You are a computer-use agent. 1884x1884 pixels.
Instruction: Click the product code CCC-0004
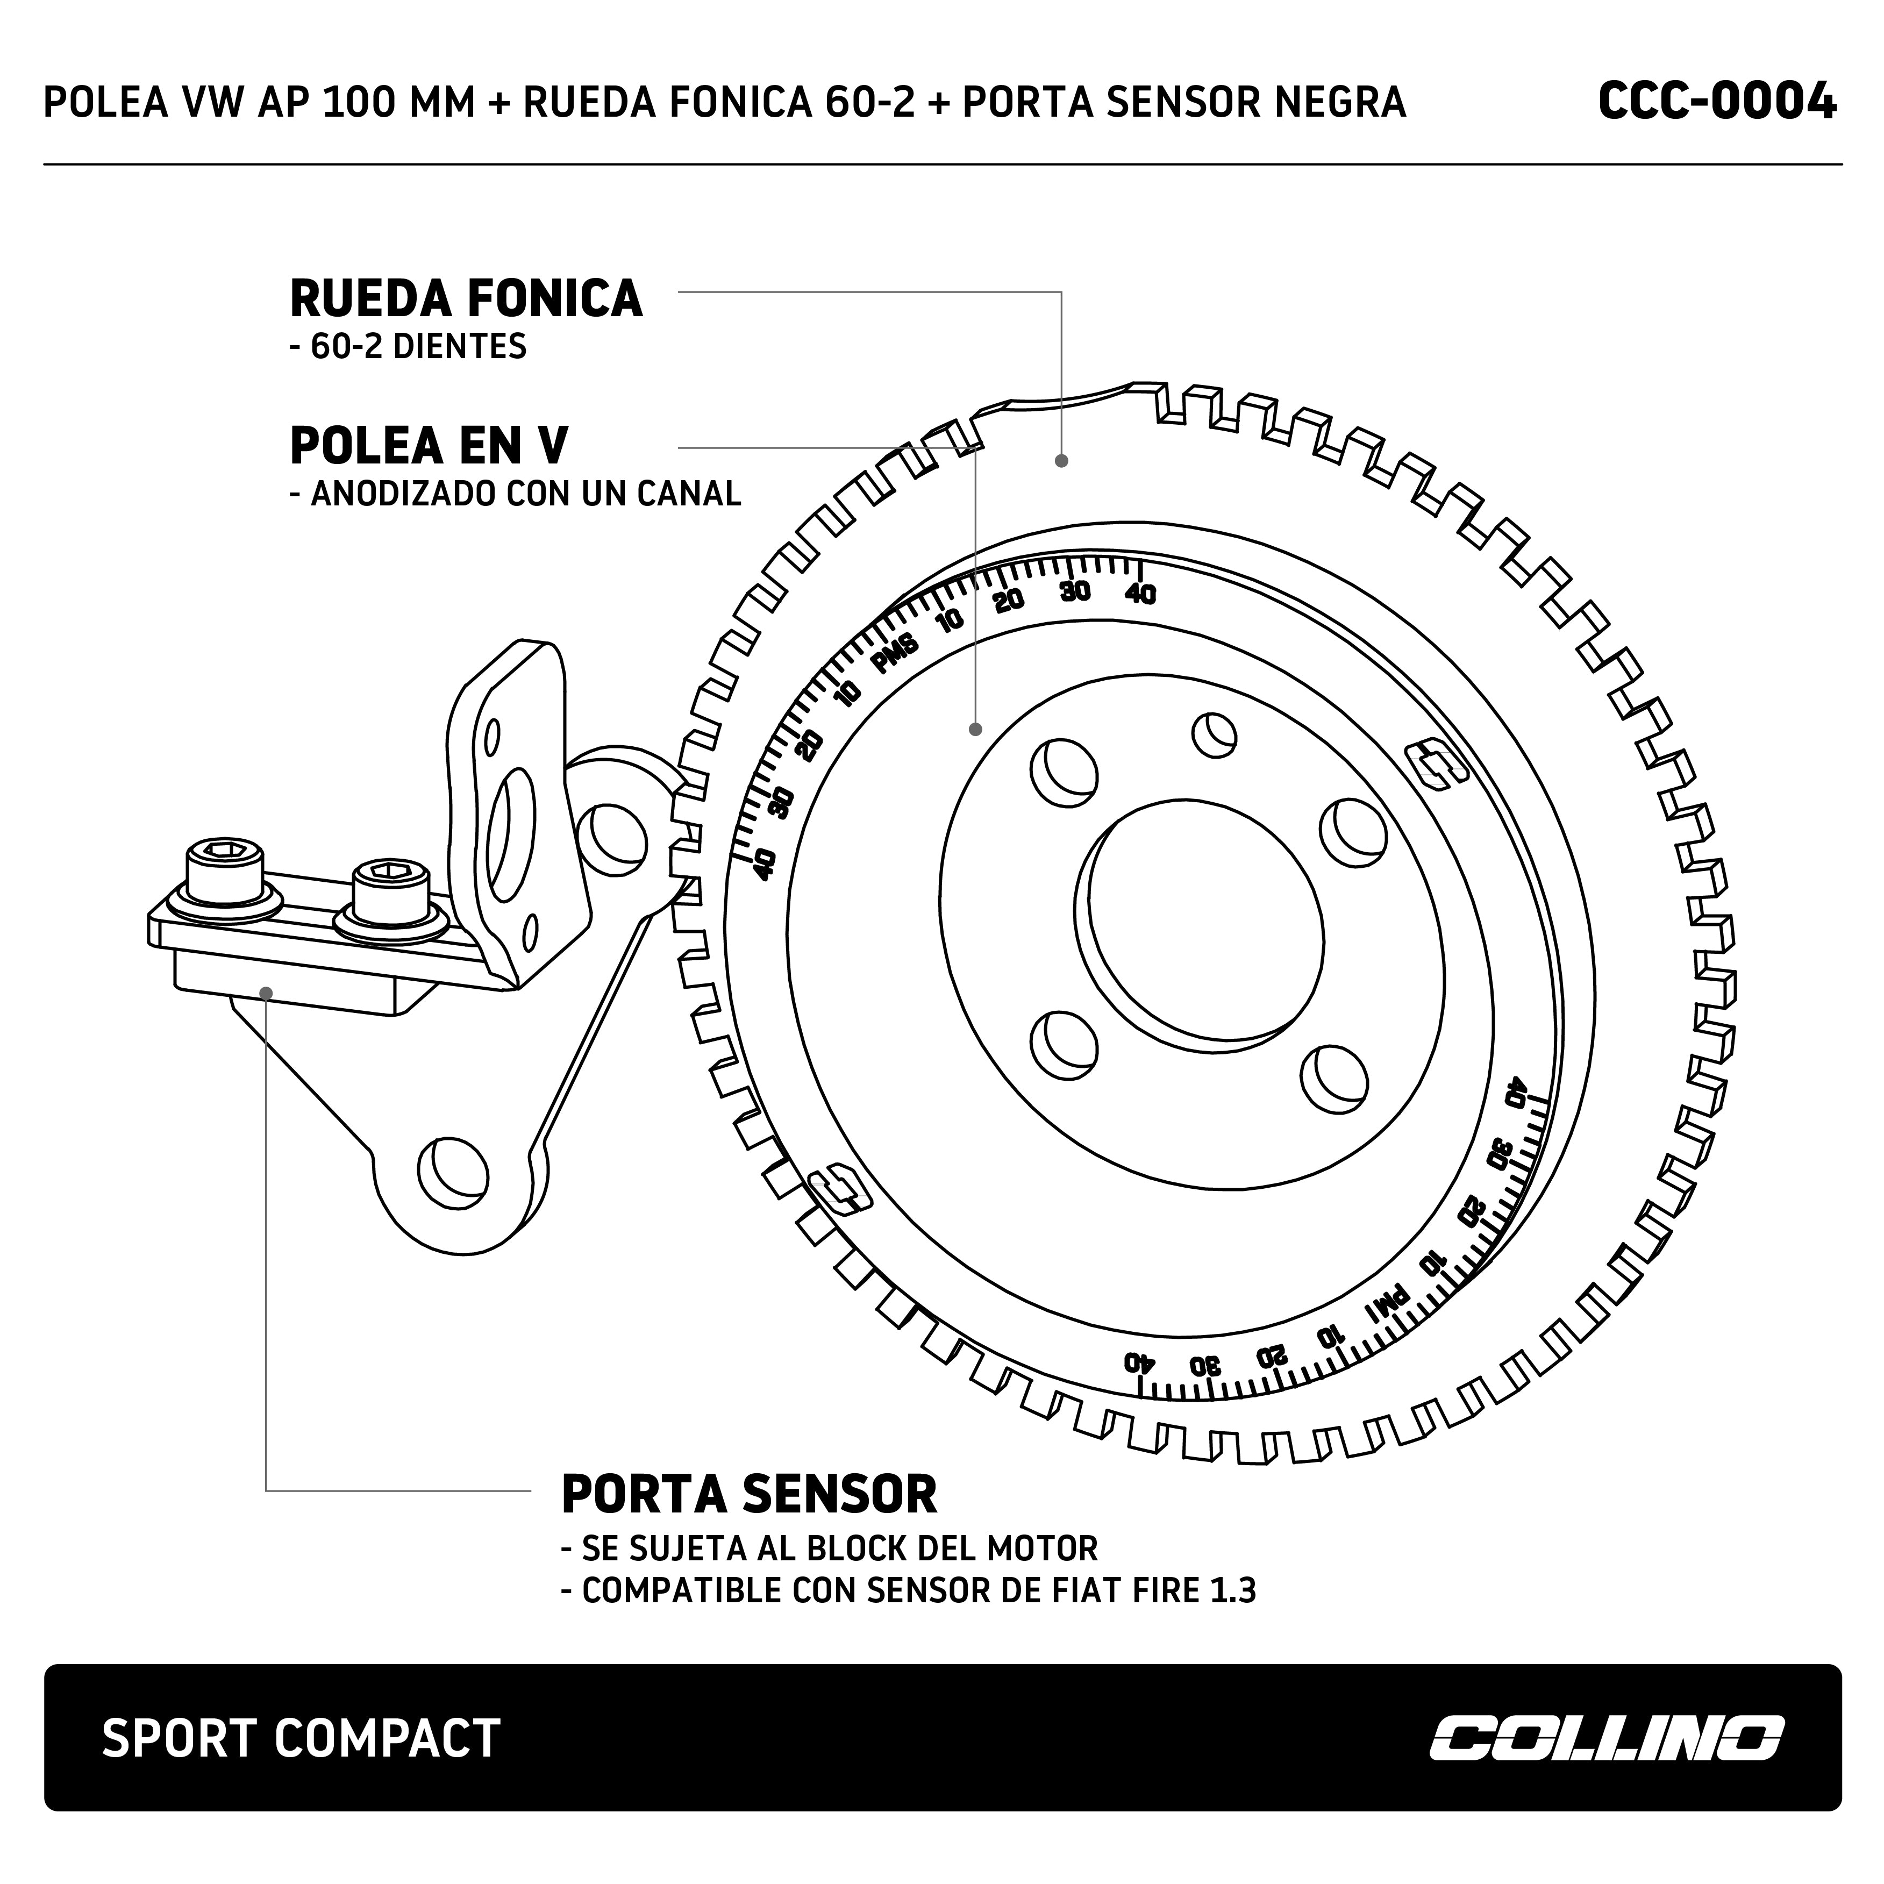[x=1716, y=102]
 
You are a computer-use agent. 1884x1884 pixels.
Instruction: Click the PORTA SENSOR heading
[x=749, y=1494]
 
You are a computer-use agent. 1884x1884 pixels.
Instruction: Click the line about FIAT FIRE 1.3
[x=909, y=1590]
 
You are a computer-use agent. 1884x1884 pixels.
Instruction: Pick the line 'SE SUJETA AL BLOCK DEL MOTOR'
[x=829, y=1547]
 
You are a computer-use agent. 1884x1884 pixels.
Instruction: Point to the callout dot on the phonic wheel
[x=1062, y=460]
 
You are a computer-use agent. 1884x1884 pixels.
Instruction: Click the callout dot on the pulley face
[x=975, y=729]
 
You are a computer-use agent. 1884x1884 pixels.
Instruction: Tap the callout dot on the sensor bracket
[x=266, y=993]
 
